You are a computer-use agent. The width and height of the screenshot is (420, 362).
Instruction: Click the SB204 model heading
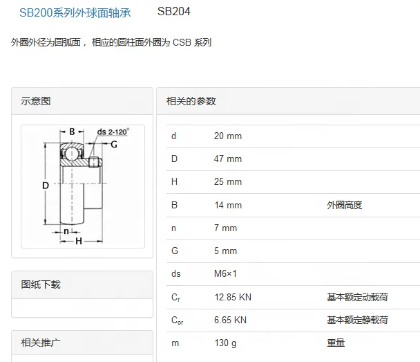(x=174, y=12)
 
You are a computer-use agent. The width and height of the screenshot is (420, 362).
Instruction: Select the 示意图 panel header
(x=36, y=101)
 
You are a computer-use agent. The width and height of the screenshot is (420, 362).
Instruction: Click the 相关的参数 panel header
(x=191, y=101)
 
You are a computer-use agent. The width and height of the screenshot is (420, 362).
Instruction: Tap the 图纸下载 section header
(x=41, y=284)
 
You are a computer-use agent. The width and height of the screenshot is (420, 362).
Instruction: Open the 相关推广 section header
(x=41, y=343)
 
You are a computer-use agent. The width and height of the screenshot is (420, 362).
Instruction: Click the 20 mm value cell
(x=228, y=136)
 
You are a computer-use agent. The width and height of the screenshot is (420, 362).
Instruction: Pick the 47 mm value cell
(x=228, y=159)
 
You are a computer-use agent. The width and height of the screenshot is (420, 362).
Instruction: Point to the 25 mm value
(x=228, y=182)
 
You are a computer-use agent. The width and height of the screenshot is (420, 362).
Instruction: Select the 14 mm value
(x=228, y=205)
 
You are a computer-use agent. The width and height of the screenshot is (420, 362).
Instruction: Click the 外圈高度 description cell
(x=345, y=205)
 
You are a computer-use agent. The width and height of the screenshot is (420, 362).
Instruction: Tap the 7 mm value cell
(x=225, y=228)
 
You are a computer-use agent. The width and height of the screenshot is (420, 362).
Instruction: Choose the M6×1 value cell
(x=225, y=274)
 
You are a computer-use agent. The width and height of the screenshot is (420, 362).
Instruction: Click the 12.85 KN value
(x=233, y=297)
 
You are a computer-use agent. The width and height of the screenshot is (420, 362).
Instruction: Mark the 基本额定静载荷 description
(x=357, y=320)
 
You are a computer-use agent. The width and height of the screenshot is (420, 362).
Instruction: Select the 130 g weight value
(x=225, y=343)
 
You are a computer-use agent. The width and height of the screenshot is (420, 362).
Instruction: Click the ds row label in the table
(x=176, y=274)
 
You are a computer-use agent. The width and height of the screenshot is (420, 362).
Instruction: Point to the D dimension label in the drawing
(x=45, y=185)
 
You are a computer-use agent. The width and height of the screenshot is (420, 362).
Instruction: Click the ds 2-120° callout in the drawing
(x=113, y=132)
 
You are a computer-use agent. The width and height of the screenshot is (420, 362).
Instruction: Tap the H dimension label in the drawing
(x=79, y=240)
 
